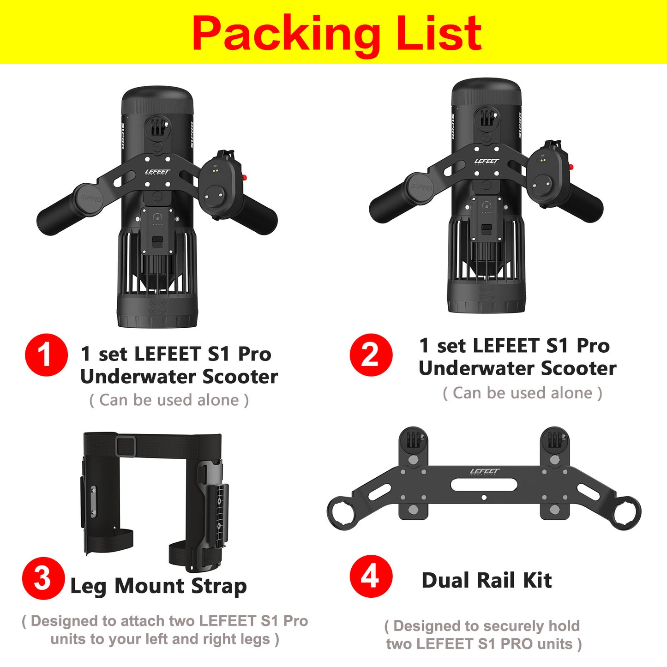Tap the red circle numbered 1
pos(46,355)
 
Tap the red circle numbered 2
pos(371,355)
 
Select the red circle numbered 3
pos(43,578)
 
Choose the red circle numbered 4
pos(371,577)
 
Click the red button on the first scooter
pos(244,178)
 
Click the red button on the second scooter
pos(571,167)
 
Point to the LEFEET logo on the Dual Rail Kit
pos(485,471)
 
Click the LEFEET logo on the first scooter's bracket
pos(157,172)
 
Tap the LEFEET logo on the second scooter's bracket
pos(487,161)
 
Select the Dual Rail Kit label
pos(487,581)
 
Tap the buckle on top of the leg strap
pos(125,446)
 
